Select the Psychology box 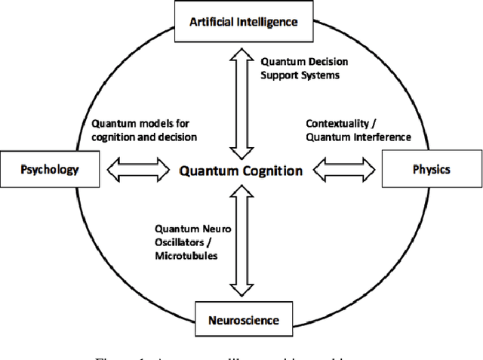click(x=51, y=169)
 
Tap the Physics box click(x=431, y=169)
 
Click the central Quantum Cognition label click(x=241, y=171)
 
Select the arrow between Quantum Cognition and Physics click(x=345, y=170)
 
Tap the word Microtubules click(x=186, y=256)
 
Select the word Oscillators click(x=183, y=242)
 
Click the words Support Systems click(x=297, y=75)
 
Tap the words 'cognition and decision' click(x=143, y=137)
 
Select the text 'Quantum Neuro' click(x=188, y=229)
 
